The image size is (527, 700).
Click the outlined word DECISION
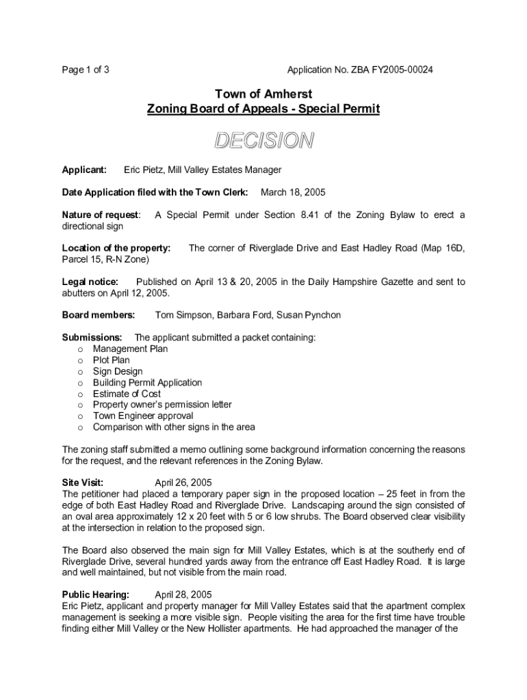pos(263,141)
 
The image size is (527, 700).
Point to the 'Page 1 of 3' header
pos(86,70)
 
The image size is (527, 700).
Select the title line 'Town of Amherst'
pos(263,94)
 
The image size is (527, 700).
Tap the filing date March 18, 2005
pos(293,192)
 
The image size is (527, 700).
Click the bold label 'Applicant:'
pos(84,170)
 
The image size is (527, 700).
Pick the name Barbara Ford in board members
pos(244,315)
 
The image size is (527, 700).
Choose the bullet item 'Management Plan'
pos(130,349)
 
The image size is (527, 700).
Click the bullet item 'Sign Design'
pos(118,371)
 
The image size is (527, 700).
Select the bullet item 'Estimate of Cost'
pos(127,394)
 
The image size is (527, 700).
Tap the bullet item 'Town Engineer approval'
pos(143,416)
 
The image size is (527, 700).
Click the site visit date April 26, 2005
pos(183,483)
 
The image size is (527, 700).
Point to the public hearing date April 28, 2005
pos(183,595)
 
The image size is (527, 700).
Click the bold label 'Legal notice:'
pos(90,282)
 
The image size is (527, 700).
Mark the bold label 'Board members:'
pos(99,315)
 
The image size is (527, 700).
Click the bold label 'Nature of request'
pos(101,215)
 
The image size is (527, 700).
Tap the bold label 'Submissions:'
pos(92,338)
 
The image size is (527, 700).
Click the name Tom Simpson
pos(183,315)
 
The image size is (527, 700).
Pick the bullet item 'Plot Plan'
pos(111,360)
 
